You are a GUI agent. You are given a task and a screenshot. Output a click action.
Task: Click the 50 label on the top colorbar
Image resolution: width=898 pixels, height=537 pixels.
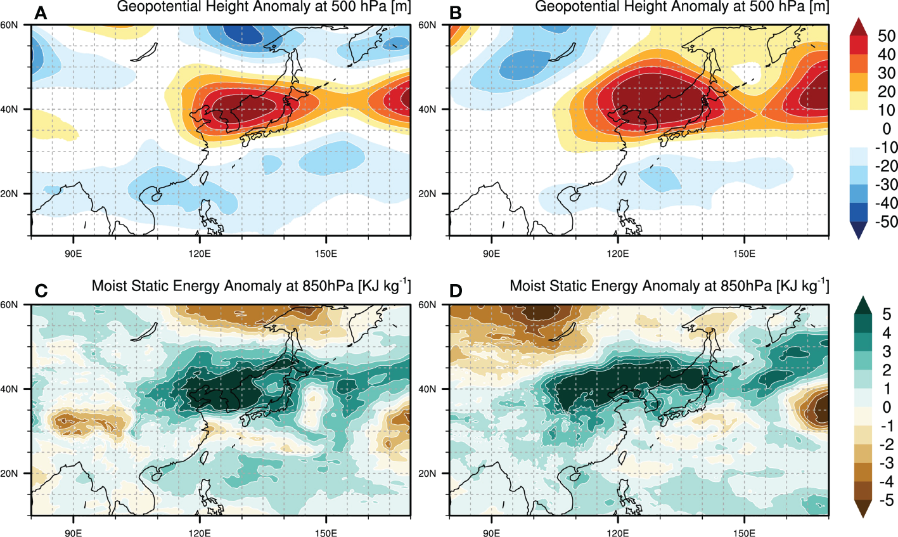point(887,36)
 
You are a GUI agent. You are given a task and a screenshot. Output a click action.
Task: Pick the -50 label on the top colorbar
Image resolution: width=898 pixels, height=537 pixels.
point(885,222)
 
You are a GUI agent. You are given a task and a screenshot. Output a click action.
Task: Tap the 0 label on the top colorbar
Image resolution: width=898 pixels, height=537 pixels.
point(887,129)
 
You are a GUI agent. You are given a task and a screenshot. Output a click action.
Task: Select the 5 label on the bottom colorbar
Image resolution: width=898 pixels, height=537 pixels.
point(887,315)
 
